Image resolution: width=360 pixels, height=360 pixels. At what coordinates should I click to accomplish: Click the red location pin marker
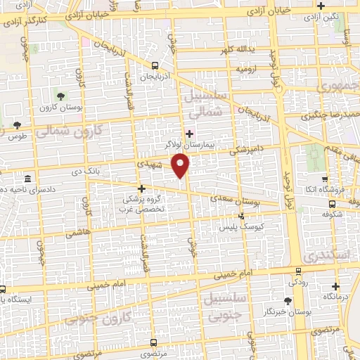coord(181,165)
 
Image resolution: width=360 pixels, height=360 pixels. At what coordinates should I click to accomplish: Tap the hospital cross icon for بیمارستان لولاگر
coord(188,134)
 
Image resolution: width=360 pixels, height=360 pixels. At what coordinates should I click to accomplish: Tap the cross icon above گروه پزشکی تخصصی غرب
coord(142,188)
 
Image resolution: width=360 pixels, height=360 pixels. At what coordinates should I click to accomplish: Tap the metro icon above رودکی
coord(298,270)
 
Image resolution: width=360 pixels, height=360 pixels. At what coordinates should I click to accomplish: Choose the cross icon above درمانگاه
coord(335,286)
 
